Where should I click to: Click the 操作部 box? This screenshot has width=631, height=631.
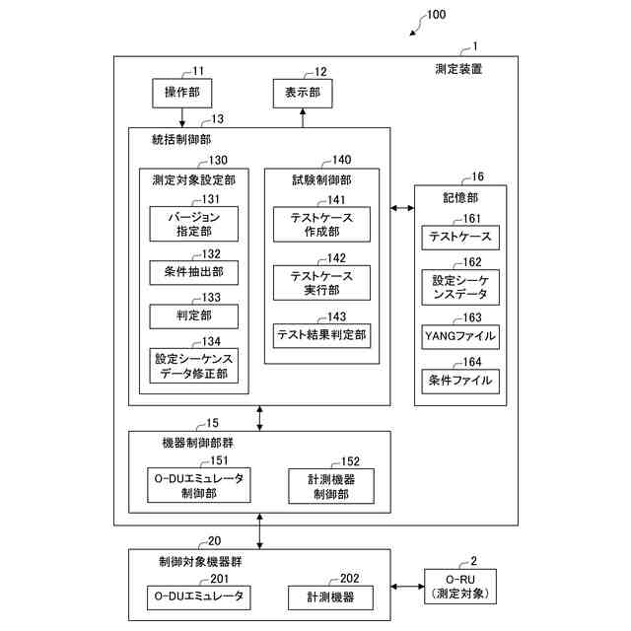pyautogui.click(x=181, y=93)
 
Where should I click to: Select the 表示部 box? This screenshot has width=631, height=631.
pyautogui.click(x=303, y=94)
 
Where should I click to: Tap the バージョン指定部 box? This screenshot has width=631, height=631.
pyautogui.click(x=193, y=224)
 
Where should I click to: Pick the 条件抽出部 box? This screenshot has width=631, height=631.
pyautogui.click(x=193, y=273)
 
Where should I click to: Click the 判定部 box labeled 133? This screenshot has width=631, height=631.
pyautogui.click(x=193, y=316)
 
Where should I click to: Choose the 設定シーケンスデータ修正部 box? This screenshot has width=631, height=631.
pyautogui.click(x=193, y=366)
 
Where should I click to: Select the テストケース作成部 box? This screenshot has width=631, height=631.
pyautogui.click(x=321, y=225)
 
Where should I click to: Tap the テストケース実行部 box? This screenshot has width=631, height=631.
pyautogui.click(x=321, y=283)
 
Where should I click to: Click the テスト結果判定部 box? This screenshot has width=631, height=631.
pyautogui.click(x=321, y=336)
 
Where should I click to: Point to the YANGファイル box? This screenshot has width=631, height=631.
pyautogui.click(x=460, y=337)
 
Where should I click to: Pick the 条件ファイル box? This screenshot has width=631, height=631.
pyautogui.click(x=460, y=382)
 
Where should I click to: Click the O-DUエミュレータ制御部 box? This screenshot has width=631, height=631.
pyautogui.click(x=199, y=485)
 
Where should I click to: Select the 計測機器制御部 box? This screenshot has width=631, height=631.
pyautogui.click(x=331, y=486)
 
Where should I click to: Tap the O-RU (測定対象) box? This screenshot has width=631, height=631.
pyautogui.click(x=460, y=587)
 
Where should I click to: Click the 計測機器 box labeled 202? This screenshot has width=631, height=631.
pyautogui.click(x=330, y=597)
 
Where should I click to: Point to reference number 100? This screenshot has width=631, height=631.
pyautogui.click(x=436, y=15)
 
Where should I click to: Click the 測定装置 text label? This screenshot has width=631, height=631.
pyautogui.click(x=458, y=69)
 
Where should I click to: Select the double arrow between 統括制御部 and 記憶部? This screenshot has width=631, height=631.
pyautogui.click(x=402, y=208)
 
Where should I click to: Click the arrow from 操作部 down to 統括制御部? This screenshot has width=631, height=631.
pyautogui.click(x=181, y=117)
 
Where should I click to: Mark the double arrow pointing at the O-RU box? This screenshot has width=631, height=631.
pyautogui.click(x=407, y=587)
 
